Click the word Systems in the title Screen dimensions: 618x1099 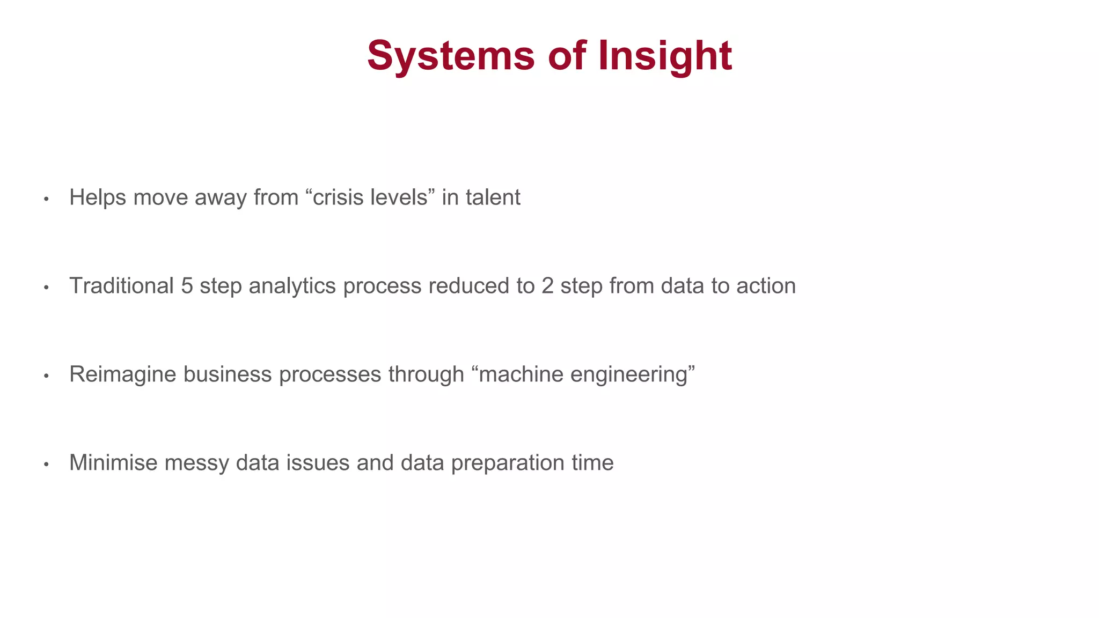click(x=451, y=56)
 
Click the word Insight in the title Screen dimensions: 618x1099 click(x=665, y=56)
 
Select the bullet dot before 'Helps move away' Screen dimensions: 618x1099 click(x=47, y=200)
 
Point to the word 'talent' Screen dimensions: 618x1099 click(x=493, y=197)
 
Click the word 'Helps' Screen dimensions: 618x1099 click(x=97, y=197)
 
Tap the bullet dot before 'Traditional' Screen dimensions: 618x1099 click(x=47, y=288)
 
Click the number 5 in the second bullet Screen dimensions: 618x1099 click(x=187, y=286)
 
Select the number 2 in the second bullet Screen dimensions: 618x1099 click(x=547, y=286)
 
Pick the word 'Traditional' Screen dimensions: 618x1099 click(x=121, y=286)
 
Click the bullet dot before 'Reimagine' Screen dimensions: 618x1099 click(x=47, y=377)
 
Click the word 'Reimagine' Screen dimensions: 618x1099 click(x=122, y=374)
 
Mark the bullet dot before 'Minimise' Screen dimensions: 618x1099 click(x=47, y=465)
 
